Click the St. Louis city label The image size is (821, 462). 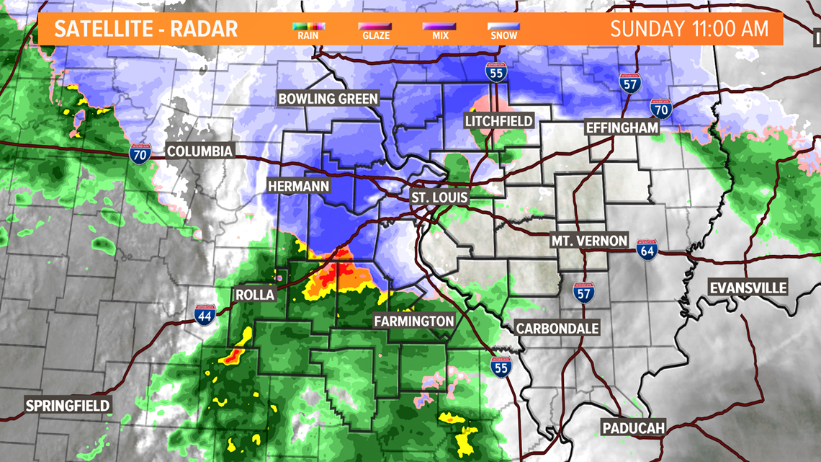tap(439, 197)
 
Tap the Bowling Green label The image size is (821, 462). tap(328, 99)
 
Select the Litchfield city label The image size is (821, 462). tap(499, 120)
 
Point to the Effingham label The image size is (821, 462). tap(622, 127)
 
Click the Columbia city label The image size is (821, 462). tap(199, 151)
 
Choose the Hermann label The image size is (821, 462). tap(298, 186)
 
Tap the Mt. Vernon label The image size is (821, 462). tap(589, 240)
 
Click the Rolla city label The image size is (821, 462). tap(255, 295)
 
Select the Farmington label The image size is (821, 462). tap(413, 321)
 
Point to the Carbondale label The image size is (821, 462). tap(557, 328)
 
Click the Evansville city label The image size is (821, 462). tap(748, 288)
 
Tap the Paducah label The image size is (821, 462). tap(633, 428)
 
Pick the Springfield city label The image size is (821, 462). tap(68, 405)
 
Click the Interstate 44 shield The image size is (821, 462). tap(205, 315)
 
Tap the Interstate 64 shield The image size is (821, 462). tap(646, 250)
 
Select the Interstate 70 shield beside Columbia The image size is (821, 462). tap(140, 154)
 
